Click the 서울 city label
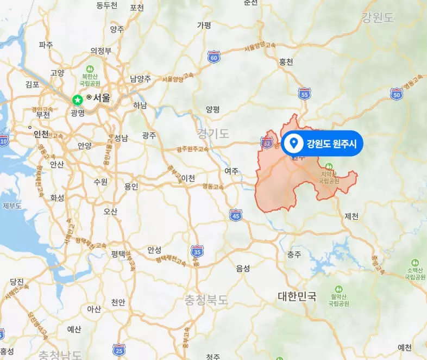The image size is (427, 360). tap(102, 98)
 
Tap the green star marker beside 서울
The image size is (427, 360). tap(78, 100)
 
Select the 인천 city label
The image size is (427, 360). tap(41, 133)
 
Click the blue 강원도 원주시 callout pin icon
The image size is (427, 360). tap(294, 144)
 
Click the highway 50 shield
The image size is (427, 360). tap(396, 95)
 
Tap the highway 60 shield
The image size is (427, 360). tap(214, 56)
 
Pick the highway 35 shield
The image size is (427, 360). tap(197, 251)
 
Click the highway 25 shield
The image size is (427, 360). tap(119, 349)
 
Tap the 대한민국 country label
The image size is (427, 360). tap(297, 296)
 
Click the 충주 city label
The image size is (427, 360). tap(294, 254)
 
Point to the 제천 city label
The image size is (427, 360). tap(351, 216)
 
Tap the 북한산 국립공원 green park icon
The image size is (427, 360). tap(90, 69)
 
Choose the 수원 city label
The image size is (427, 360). tap(101, 181)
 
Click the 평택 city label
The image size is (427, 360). tap(118, 253)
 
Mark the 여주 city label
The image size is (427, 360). tap(231, 171)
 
